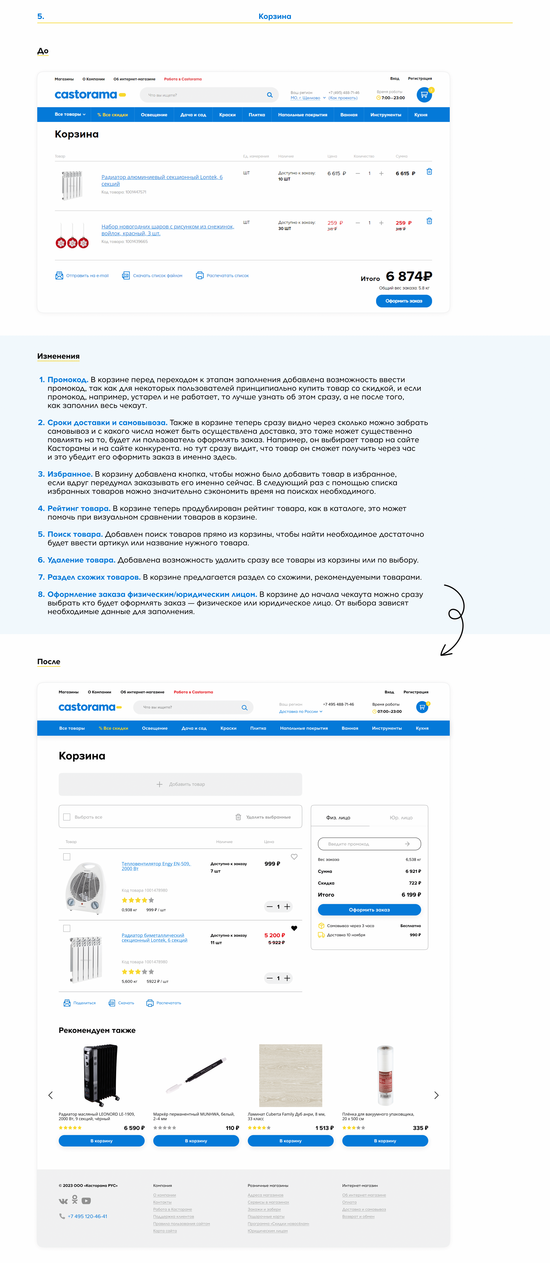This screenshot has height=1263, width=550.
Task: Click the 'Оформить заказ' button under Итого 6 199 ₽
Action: (x=369, y=910)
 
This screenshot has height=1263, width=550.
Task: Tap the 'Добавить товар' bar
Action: (x=180, y=784)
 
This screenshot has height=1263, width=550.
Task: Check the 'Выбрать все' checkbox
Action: (x=67, y=817)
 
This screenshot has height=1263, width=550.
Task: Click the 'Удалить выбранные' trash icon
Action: (x=238, y=817)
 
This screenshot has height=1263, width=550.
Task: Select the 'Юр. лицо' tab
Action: (x=401, y=817)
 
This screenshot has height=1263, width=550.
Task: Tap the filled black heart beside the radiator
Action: (x=294, y=928)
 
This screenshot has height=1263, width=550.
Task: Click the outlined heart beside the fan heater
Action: (x=294, y=857)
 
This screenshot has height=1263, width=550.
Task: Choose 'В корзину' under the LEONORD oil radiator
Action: (x=102, y=1140)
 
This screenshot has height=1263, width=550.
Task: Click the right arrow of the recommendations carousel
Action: (x=436, y=1095)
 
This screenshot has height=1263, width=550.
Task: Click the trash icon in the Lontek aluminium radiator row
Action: (x=429, y=172)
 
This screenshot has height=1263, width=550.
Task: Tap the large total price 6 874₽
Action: (x=409, y=277)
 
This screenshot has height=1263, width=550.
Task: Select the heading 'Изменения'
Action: (x=58, y=356)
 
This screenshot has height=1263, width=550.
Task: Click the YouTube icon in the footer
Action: (x=86, y=1201)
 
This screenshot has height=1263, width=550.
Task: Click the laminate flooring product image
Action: (x=290, y=1075)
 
